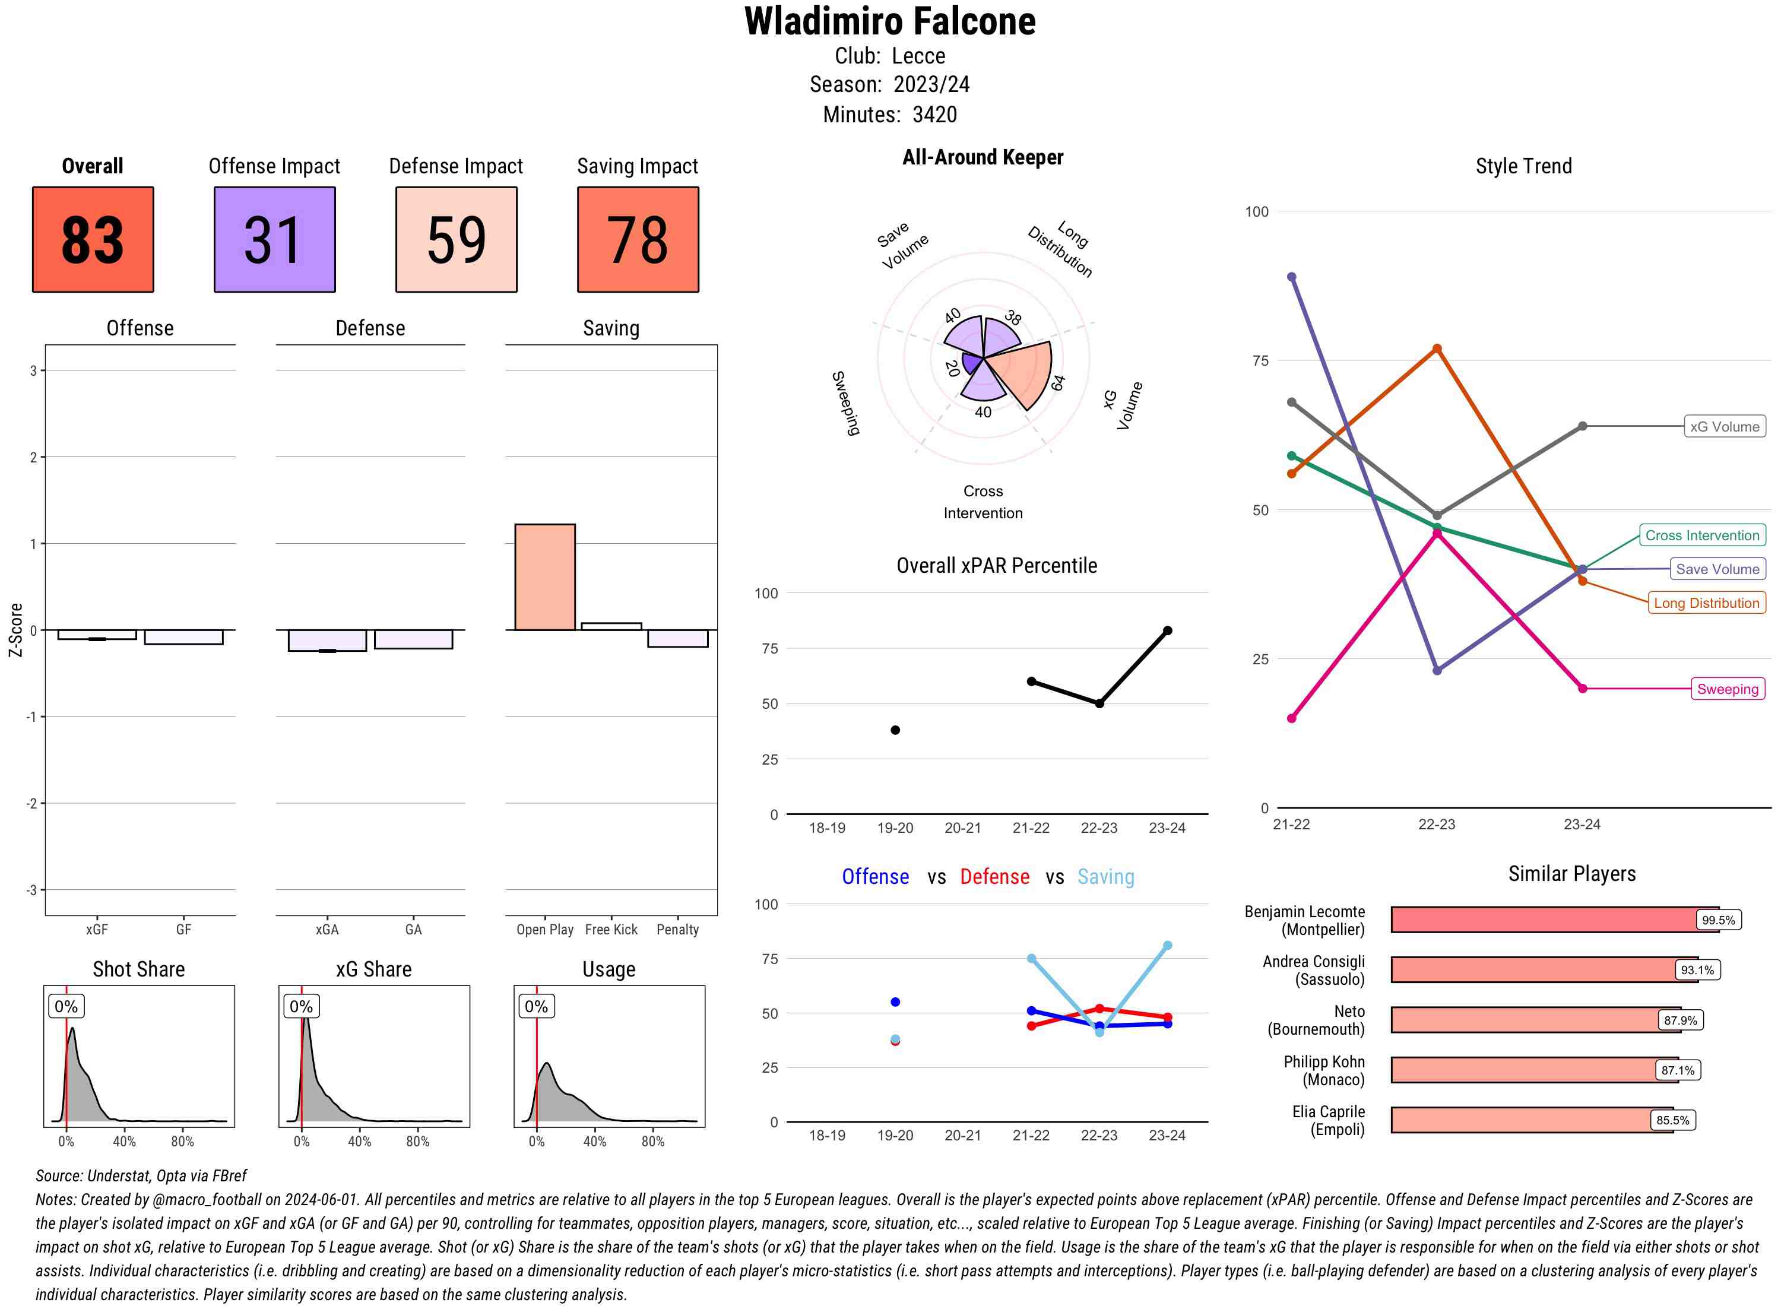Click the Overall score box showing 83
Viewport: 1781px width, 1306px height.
click(93, 240)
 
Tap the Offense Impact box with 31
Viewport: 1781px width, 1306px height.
click(274, 240)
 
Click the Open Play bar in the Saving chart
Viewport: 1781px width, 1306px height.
click(544, 577)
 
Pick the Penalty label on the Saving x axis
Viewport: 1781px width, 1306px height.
click(677, 930)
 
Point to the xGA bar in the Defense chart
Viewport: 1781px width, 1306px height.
click(327, 641)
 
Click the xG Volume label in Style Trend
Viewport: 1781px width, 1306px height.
click(1724, 427)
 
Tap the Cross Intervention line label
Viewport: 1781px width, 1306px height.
click(1702, 535)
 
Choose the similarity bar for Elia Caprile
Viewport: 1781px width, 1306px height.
click(1531, 1120)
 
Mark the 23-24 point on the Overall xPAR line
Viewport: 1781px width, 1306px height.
click(1168, 631)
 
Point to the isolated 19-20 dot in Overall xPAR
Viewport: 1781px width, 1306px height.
click(895, 731)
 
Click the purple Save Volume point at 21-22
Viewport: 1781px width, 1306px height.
click(1292, 277)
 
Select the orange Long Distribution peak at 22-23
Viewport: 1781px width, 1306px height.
click(1437, 348)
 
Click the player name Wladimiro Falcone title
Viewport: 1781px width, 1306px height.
click(889, 22)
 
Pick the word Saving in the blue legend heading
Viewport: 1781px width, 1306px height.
click(1105, 877)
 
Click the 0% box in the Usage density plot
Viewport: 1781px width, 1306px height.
click(536, 1006)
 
